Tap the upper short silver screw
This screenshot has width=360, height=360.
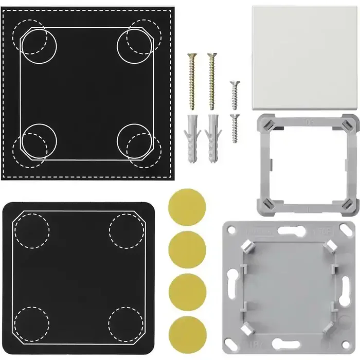235,95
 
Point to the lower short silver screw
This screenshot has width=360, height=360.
235,128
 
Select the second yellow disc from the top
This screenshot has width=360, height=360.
187,248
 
